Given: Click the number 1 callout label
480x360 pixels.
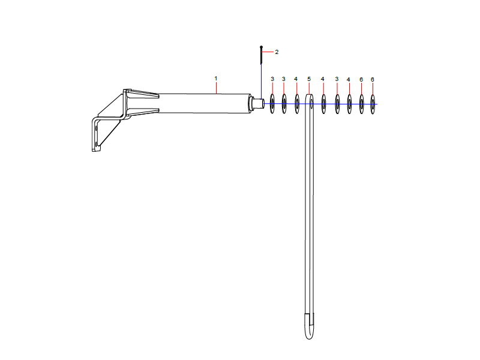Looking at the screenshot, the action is point(216,79).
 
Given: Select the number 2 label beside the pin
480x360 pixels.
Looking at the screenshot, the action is point(277,52).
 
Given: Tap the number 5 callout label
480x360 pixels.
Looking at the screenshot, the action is point(309,79).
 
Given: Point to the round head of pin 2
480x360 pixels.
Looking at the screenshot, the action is point(261,47).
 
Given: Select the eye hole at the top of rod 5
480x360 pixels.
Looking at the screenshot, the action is point(311,101).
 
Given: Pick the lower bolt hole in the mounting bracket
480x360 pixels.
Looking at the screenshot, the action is point(97,143).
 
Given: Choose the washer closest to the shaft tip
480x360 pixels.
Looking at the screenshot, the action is point(272,104).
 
